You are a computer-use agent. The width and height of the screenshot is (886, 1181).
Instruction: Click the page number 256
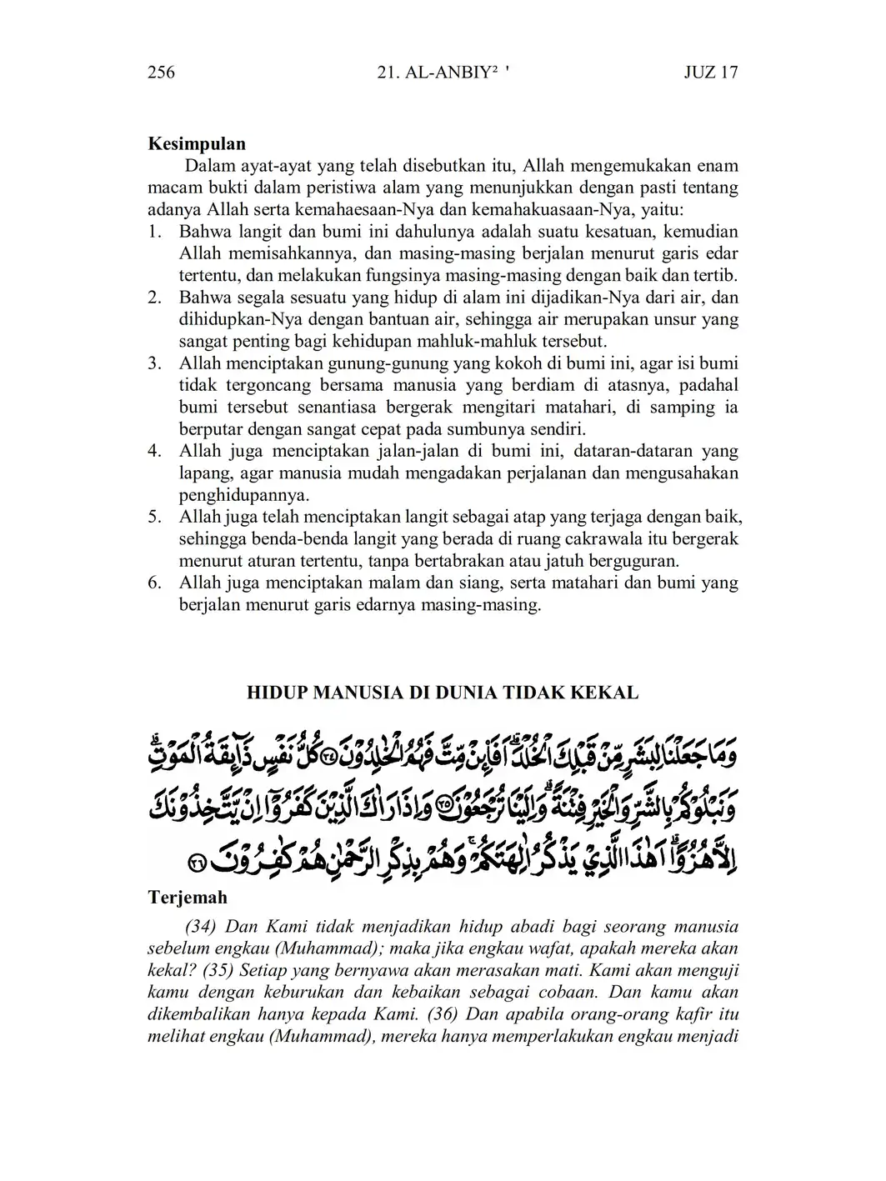tap(162, 73)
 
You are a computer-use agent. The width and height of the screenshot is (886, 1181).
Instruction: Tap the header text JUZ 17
tap(710, 73)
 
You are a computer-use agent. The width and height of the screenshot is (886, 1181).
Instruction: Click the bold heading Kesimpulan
tap(197, 144)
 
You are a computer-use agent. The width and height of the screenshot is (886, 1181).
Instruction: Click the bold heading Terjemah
tap(188, 898)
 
